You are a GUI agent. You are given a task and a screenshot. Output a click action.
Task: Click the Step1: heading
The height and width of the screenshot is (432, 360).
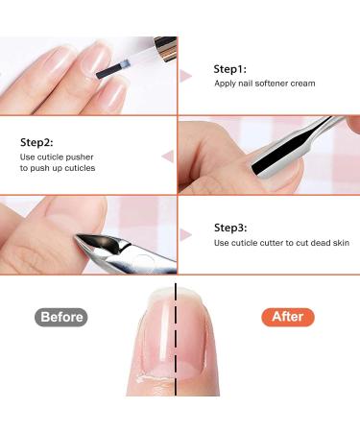click(229, 70)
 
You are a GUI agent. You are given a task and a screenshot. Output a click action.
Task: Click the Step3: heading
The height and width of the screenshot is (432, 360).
click(229, 228)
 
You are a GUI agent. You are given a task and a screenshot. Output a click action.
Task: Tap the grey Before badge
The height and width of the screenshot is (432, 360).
click(60, 317)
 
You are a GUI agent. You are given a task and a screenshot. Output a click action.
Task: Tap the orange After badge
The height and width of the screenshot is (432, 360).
click(287, 317)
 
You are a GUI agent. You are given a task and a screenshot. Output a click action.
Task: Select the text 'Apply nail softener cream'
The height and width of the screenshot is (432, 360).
click(265, 84)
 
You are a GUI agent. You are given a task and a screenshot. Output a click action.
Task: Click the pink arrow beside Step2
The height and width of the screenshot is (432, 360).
click(167, 155)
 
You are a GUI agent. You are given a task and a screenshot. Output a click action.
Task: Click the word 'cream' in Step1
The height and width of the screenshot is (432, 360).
click(302, 84)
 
